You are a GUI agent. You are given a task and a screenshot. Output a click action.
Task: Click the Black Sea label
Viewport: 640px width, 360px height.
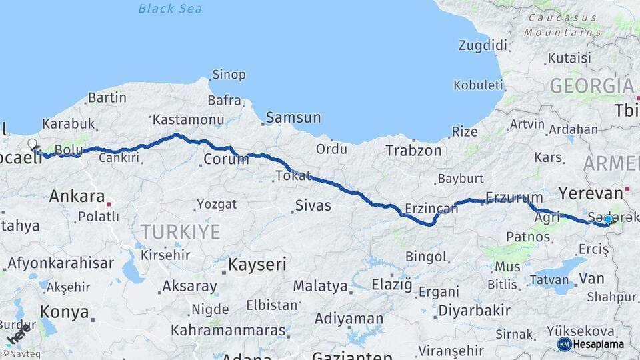(x=170, y=9)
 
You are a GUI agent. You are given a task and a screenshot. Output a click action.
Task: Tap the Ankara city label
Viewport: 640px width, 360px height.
(x=77, y=197)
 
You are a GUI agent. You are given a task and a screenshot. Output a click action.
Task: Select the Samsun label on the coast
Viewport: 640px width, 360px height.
(x=293, y=118)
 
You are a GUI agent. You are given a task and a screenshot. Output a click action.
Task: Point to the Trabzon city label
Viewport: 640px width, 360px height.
(x=413, y=151)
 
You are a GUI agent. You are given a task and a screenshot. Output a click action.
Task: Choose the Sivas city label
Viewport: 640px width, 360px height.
(x=313, y=205)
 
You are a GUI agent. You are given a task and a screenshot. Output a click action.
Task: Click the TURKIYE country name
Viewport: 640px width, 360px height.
(x=180, y=232)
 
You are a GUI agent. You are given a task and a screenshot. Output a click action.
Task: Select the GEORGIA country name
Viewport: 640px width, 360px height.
(x=591, y=86)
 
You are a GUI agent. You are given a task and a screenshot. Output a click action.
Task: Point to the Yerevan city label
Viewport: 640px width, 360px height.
(x=590, y=193)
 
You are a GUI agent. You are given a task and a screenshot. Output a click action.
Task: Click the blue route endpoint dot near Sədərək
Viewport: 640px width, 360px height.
(x=608, y=219)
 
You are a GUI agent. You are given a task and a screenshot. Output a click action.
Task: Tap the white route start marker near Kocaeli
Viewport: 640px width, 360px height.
(x=32, y=143)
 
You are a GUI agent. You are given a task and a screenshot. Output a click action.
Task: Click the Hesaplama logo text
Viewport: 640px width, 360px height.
(x=599, y=344)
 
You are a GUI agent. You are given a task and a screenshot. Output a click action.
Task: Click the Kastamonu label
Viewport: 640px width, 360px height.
(x=188, y=120)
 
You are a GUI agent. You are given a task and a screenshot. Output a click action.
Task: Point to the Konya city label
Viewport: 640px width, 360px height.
(x=64, y=312)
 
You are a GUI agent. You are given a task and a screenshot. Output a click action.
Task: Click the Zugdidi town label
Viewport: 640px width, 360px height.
(x=483, y=45)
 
